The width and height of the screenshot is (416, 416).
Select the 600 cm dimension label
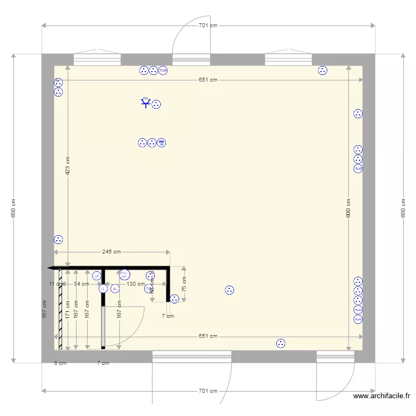click(348, 207)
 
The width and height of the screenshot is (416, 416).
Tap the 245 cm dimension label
click(111, 252)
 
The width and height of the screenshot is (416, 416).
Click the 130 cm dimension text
click(135, 284)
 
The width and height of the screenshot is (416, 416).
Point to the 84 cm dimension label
click(81, 284)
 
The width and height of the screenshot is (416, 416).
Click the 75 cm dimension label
click(185, 284)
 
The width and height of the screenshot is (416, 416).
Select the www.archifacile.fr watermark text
click(381, 396)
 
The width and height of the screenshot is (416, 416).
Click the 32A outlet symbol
click(146, 103)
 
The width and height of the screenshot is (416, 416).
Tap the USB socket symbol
click(161, 143)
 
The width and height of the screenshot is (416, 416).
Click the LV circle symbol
click(97, 276)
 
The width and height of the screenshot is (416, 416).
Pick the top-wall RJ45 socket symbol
click(163, 70)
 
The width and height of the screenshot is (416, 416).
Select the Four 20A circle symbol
click(124, 274)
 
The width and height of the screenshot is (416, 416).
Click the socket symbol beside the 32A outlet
click(156, 104)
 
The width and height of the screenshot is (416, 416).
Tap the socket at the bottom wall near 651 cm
click(281, 343)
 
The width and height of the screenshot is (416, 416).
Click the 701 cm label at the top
click(208, 26)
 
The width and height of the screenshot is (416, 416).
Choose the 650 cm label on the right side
click(403, 208)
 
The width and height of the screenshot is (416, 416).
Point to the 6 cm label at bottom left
click(60, 363)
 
